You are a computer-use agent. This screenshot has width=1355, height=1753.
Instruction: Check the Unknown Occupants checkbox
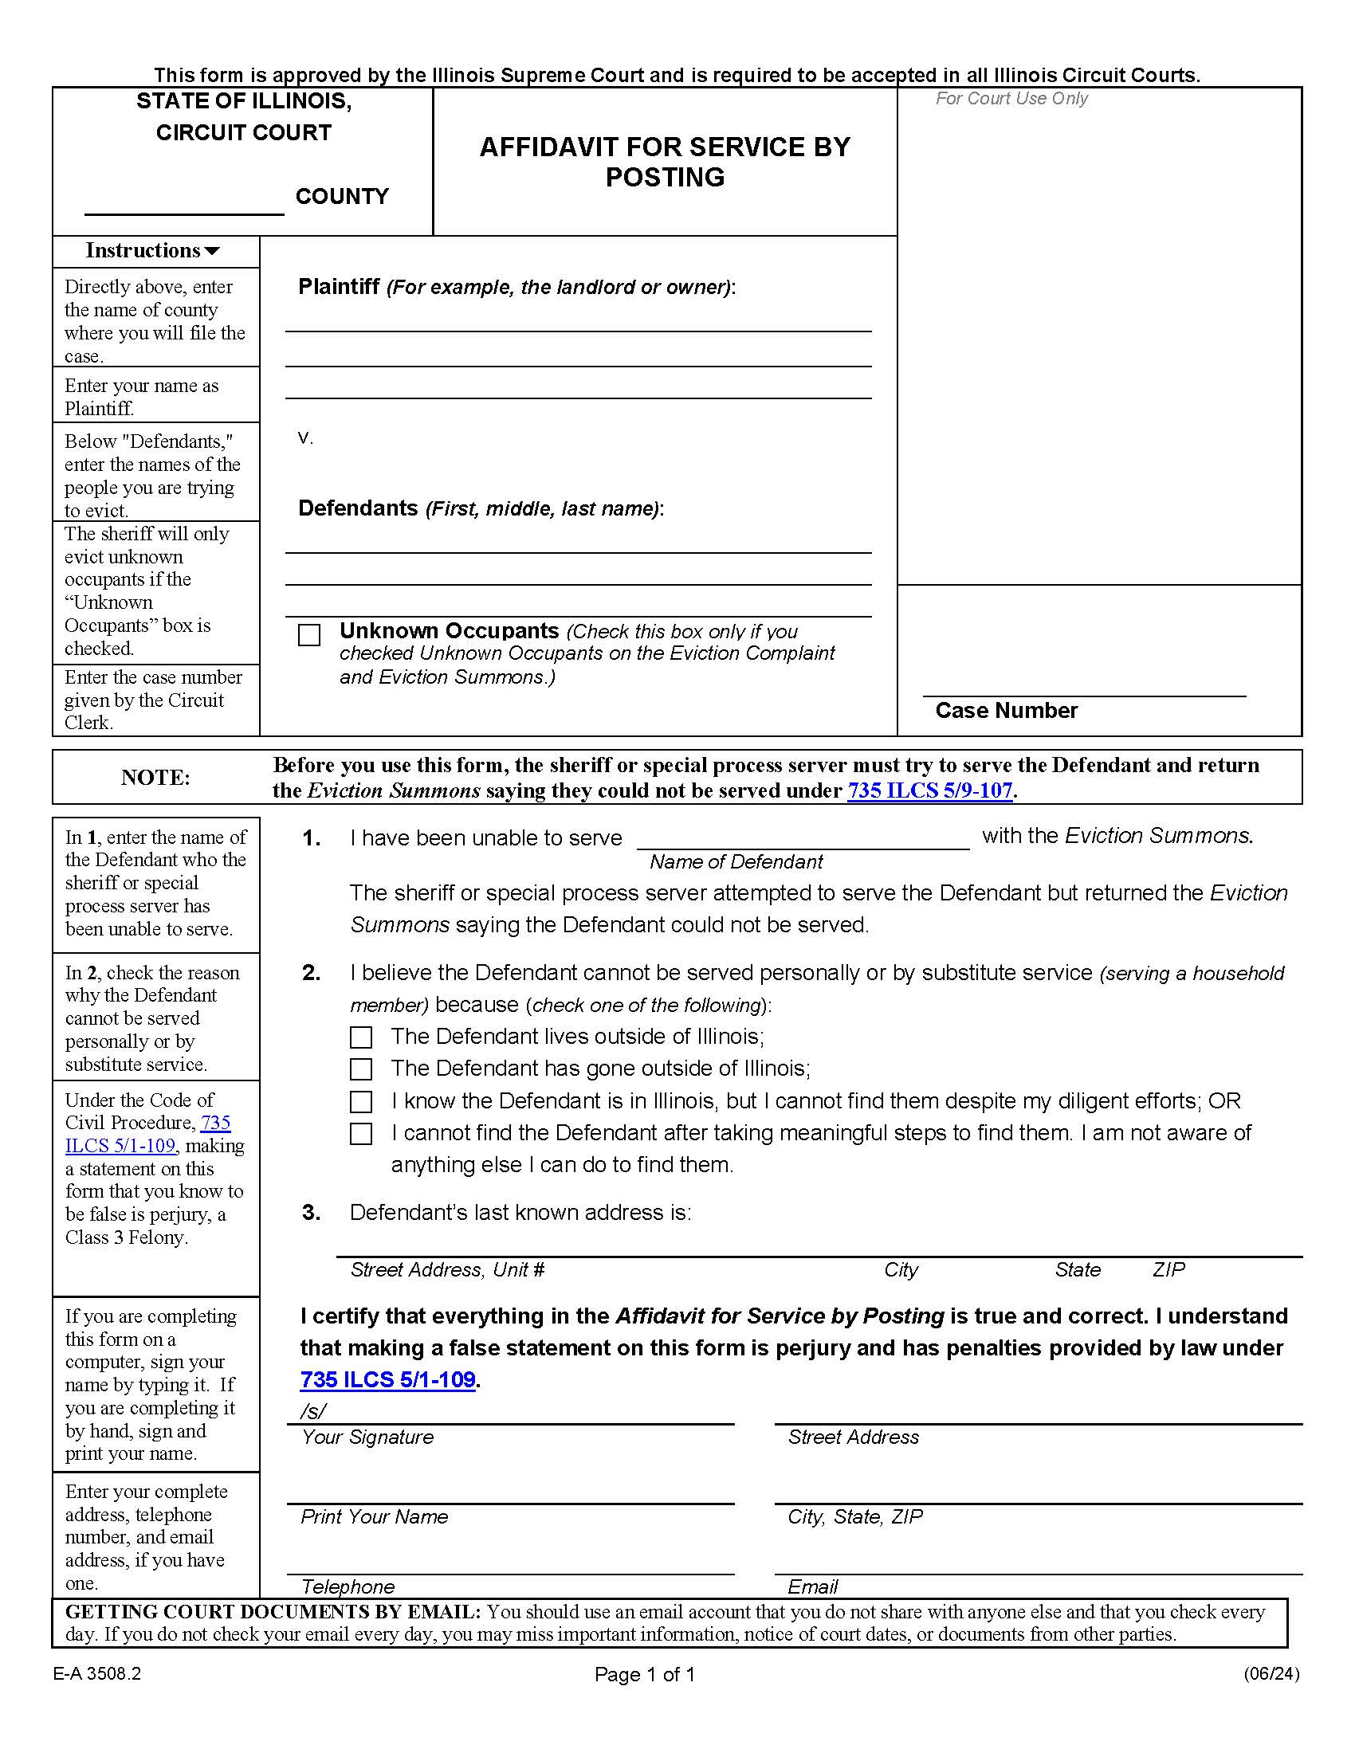pos(309,635)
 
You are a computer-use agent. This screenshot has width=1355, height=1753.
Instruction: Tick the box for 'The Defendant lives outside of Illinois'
pos(361,1037)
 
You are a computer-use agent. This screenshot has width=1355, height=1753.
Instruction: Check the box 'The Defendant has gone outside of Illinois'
pos(361,1069)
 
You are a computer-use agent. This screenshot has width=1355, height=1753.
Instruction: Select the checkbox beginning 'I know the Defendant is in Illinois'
pos(361,1101)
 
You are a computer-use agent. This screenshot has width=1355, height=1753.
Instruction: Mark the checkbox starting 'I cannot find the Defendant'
pos(361,1133)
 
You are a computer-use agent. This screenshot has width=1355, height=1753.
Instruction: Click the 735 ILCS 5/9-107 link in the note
pos(929,790)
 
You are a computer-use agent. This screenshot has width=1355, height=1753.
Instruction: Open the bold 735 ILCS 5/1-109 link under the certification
pos(387,1380)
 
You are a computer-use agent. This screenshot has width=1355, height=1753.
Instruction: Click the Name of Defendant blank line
pos(803,839)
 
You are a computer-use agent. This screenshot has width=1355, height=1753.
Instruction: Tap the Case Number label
pos(1006,710)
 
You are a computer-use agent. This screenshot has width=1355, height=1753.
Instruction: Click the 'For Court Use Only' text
pos(1011,99)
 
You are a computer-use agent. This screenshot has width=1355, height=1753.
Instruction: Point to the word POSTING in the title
pos(665,178)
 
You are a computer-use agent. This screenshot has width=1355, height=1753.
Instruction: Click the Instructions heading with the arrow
pos(152,250)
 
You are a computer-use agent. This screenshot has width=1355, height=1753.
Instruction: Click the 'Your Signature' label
pos(367,1437)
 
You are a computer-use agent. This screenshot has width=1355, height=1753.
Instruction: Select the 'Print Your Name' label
pos(374,1516)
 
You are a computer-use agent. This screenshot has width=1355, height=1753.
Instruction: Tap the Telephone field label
pos(348,1586)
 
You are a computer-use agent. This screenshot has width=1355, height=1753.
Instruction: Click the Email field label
pos(812,1586)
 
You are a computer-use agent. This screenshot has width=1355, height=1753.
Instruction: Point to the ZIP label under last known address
pos(1168,1270)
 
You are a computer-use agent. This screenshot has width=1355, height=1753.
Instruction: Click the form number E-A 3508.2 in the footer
pos(97,1673)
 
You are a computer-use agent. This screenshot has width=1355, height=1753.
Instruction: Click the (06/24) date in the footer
pos(1271,1673)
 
